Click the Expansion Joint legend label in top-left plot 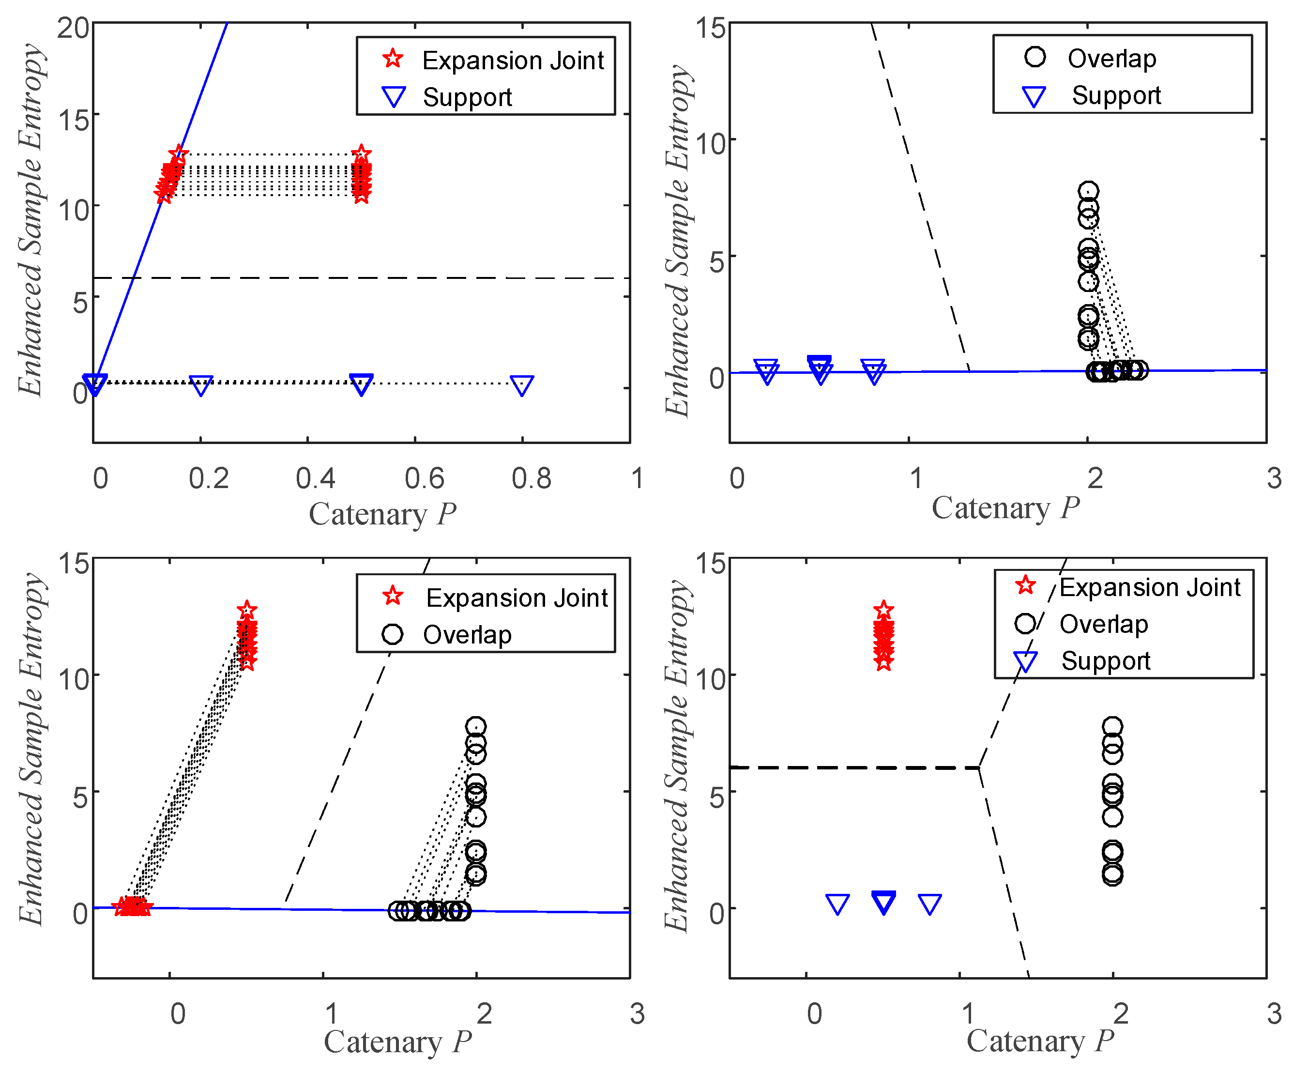click(x=512, y=61)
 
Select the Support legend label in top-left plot click(x=467, y=97)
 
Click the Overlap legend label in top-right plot click(x=1111, y=59)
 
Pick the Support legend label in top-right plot click(x=1116, y=95)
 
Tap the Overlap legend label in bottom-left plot click(x=467, y=634)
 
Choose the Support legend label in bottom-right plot click(x=1105, y=661)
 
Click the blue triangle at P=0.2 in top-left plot click(x=201, y=385)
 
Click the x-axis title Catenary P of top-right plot click(x=1005, y=509)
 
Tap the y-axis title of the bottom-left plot click(x=31, y=749)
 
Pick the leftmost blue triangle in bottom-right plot click(x=837, y=904)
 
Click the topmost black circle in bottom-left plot click(x=475, y=726)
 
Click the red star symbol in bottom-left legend click(x=393, y=596)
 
